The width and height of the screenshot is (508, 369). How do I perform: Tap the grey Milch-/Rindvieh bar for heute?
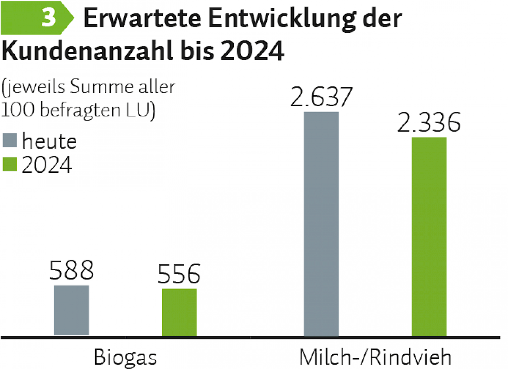tap(321, 224)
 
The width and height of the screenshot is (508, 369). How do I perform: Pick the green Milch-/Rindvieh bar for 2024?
tap(429, 237)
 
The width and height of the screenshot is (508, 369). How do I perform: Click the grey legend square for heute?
tap(10, 141)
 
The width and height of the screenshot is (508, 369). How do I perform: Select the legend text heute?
tap(50, 141)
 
